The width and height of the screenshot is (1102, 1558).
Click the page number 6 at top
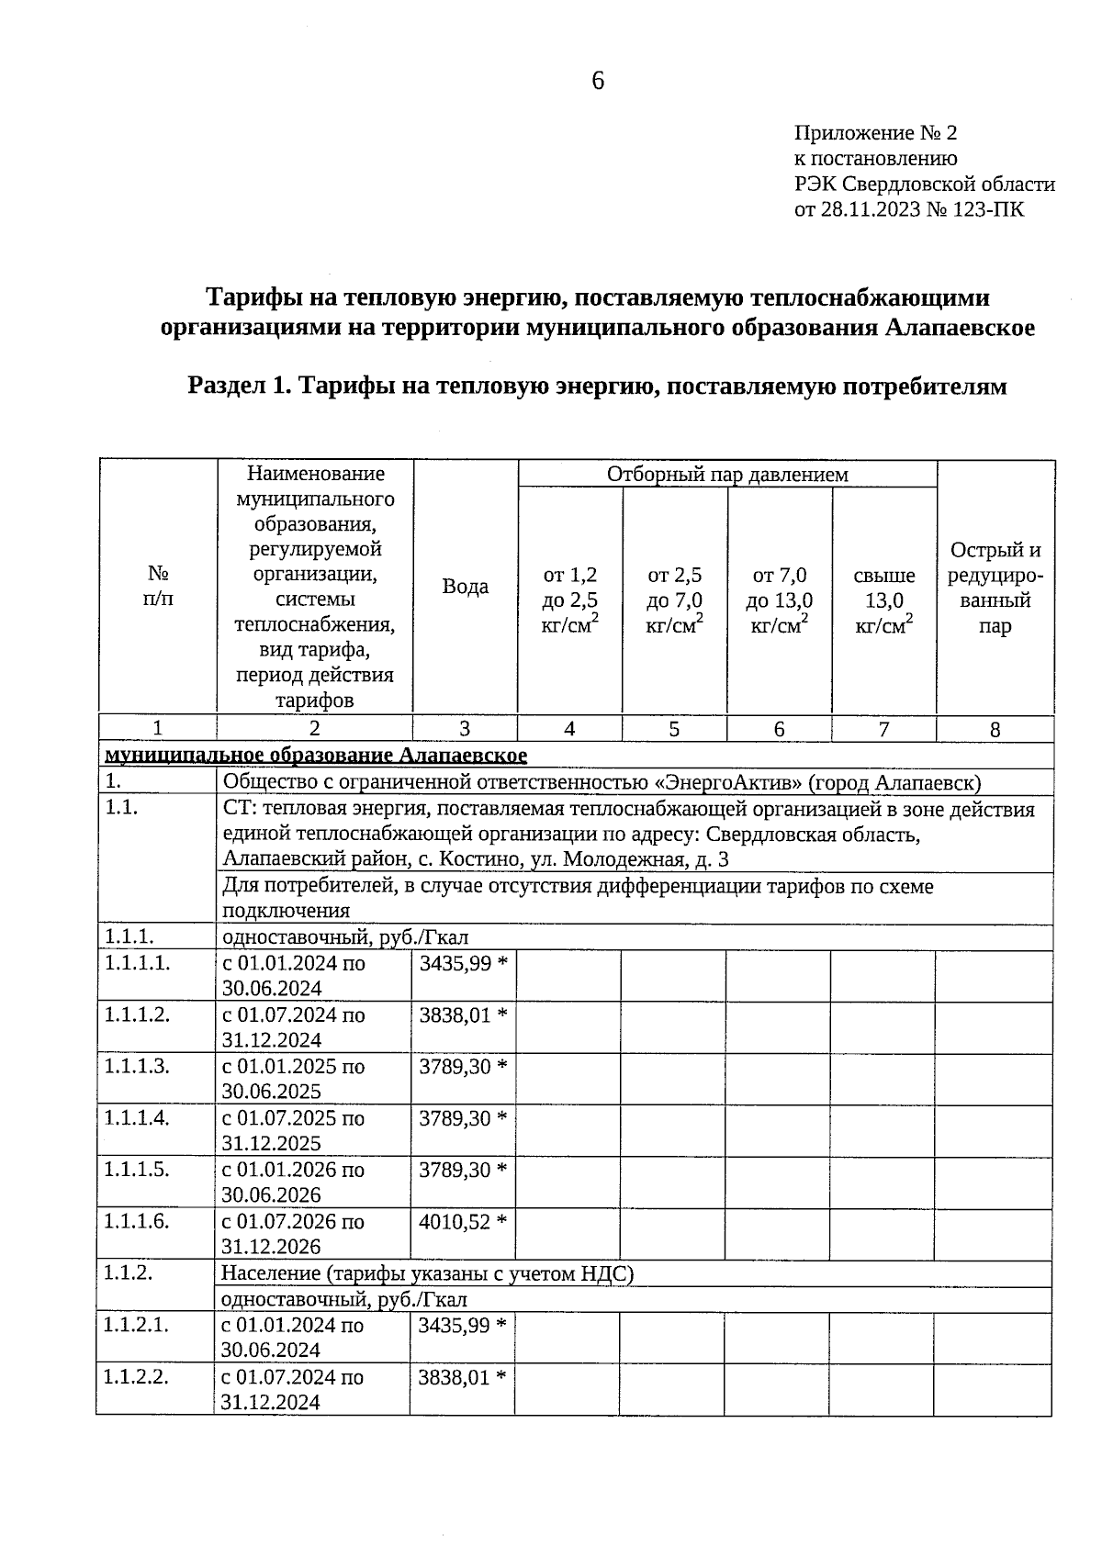[x=598, y=82]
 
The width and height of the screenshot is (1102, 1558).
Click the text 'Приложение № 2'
[x=875, y=133]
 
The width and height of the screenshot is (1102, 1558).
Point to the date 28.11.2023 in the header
[x=867, y=209]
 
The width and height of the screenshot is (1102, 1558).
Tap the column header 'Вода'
[x=465, y=587]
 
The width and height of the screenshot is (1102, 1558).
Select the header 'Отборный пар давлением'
[x=727, y=474]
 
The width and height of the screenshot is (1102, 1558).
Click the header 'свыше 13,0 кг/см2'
[x=883, y=600]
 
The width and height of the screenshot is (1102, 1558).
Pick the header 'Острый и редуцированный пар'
[x=995, y=588]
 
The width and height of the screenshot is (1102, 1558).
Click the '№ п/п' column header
[x=158, y=586]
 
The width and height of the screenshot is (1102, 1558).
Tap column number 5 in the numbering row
[x=674, y=729]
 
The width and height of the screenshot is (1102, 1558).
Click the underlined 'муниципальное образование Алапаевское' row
[x=316, y=755]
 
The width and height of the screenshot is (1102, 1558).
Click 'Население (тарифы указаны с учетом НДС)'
[x=427, y=1273]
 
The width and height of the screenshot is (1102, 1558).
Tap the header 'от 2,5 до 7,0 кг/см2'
[x=674, y=600]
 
